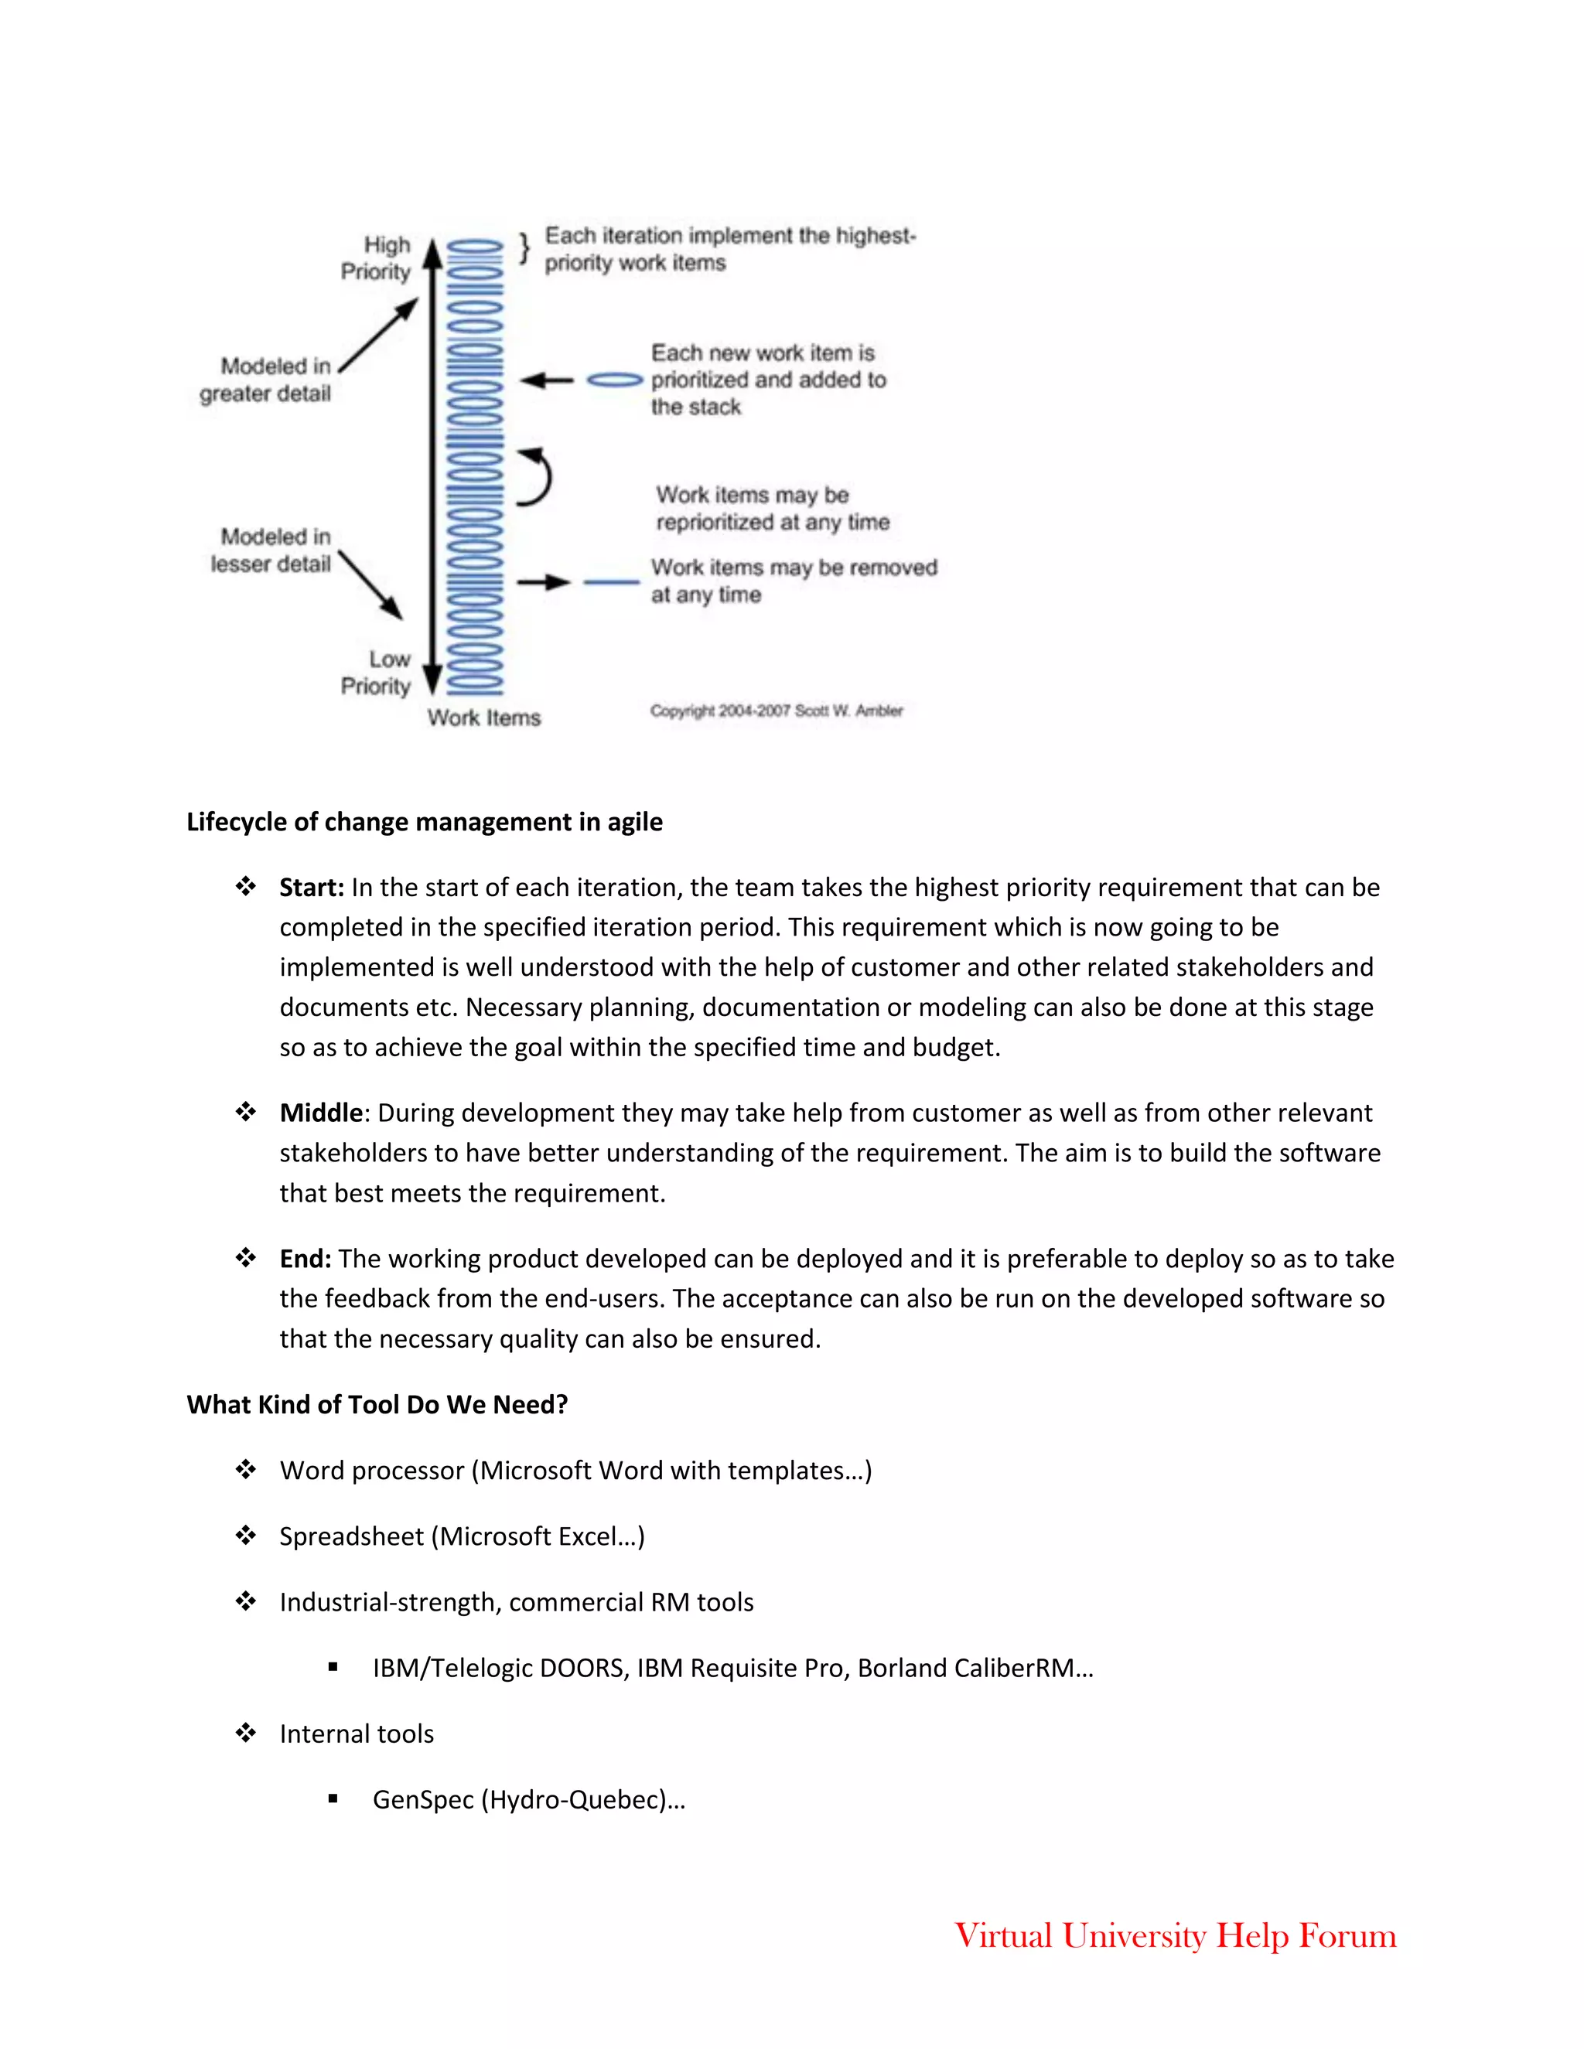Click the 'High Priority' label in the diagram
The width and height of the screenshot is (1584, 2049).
pyautogui.click(x=377, y=258)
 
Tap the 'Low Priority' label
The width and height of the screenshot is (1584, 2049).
pyautogui.click(x=377, y=673)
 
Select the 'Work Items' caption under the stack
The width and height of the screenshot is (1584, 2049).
pyautogui.click(x=484, y=718)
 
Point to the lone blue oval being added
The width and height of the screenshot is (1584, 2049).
pyautogui.click(x=615, y=380)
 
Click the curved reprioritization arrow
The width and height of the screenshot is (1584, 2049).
pyautogui.click(x=536, y=478)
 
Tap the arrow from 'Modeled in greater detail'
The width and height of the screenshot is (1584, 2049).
pyautogui.click(x=379, y=335)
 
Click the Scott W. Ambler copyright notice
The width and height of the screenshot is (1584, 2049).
pyautogui.click(x=776, y=711)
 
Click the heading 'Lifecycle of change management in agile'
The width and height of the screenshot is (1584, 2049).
pyautogui.click(x=424, y=822)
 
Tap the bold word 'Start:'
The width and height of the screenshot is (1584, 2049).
pyautogui.click(x=312, y=888)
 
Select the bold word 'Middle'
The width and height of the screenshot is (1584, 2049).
pyautogui.click(x=321, y=1113)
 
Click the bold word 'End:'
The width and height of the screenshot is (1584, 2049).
pyautogui.click(x=305, y=1259)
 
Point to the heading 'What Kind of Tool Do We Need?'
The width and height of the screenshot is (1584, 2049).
pyautogui.click(x=377, y=1404)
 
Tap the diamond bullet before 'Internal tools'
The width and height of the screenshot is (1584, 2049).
pyautogui.click(x=246, y=1733)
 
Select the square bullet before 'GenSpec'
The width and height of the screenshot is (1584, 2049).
pyautogui.click(x=333, y=1799)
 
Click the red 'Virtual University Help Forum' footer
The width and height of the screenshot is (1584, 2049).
pyautogui.click(x=1175, y=1935)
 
